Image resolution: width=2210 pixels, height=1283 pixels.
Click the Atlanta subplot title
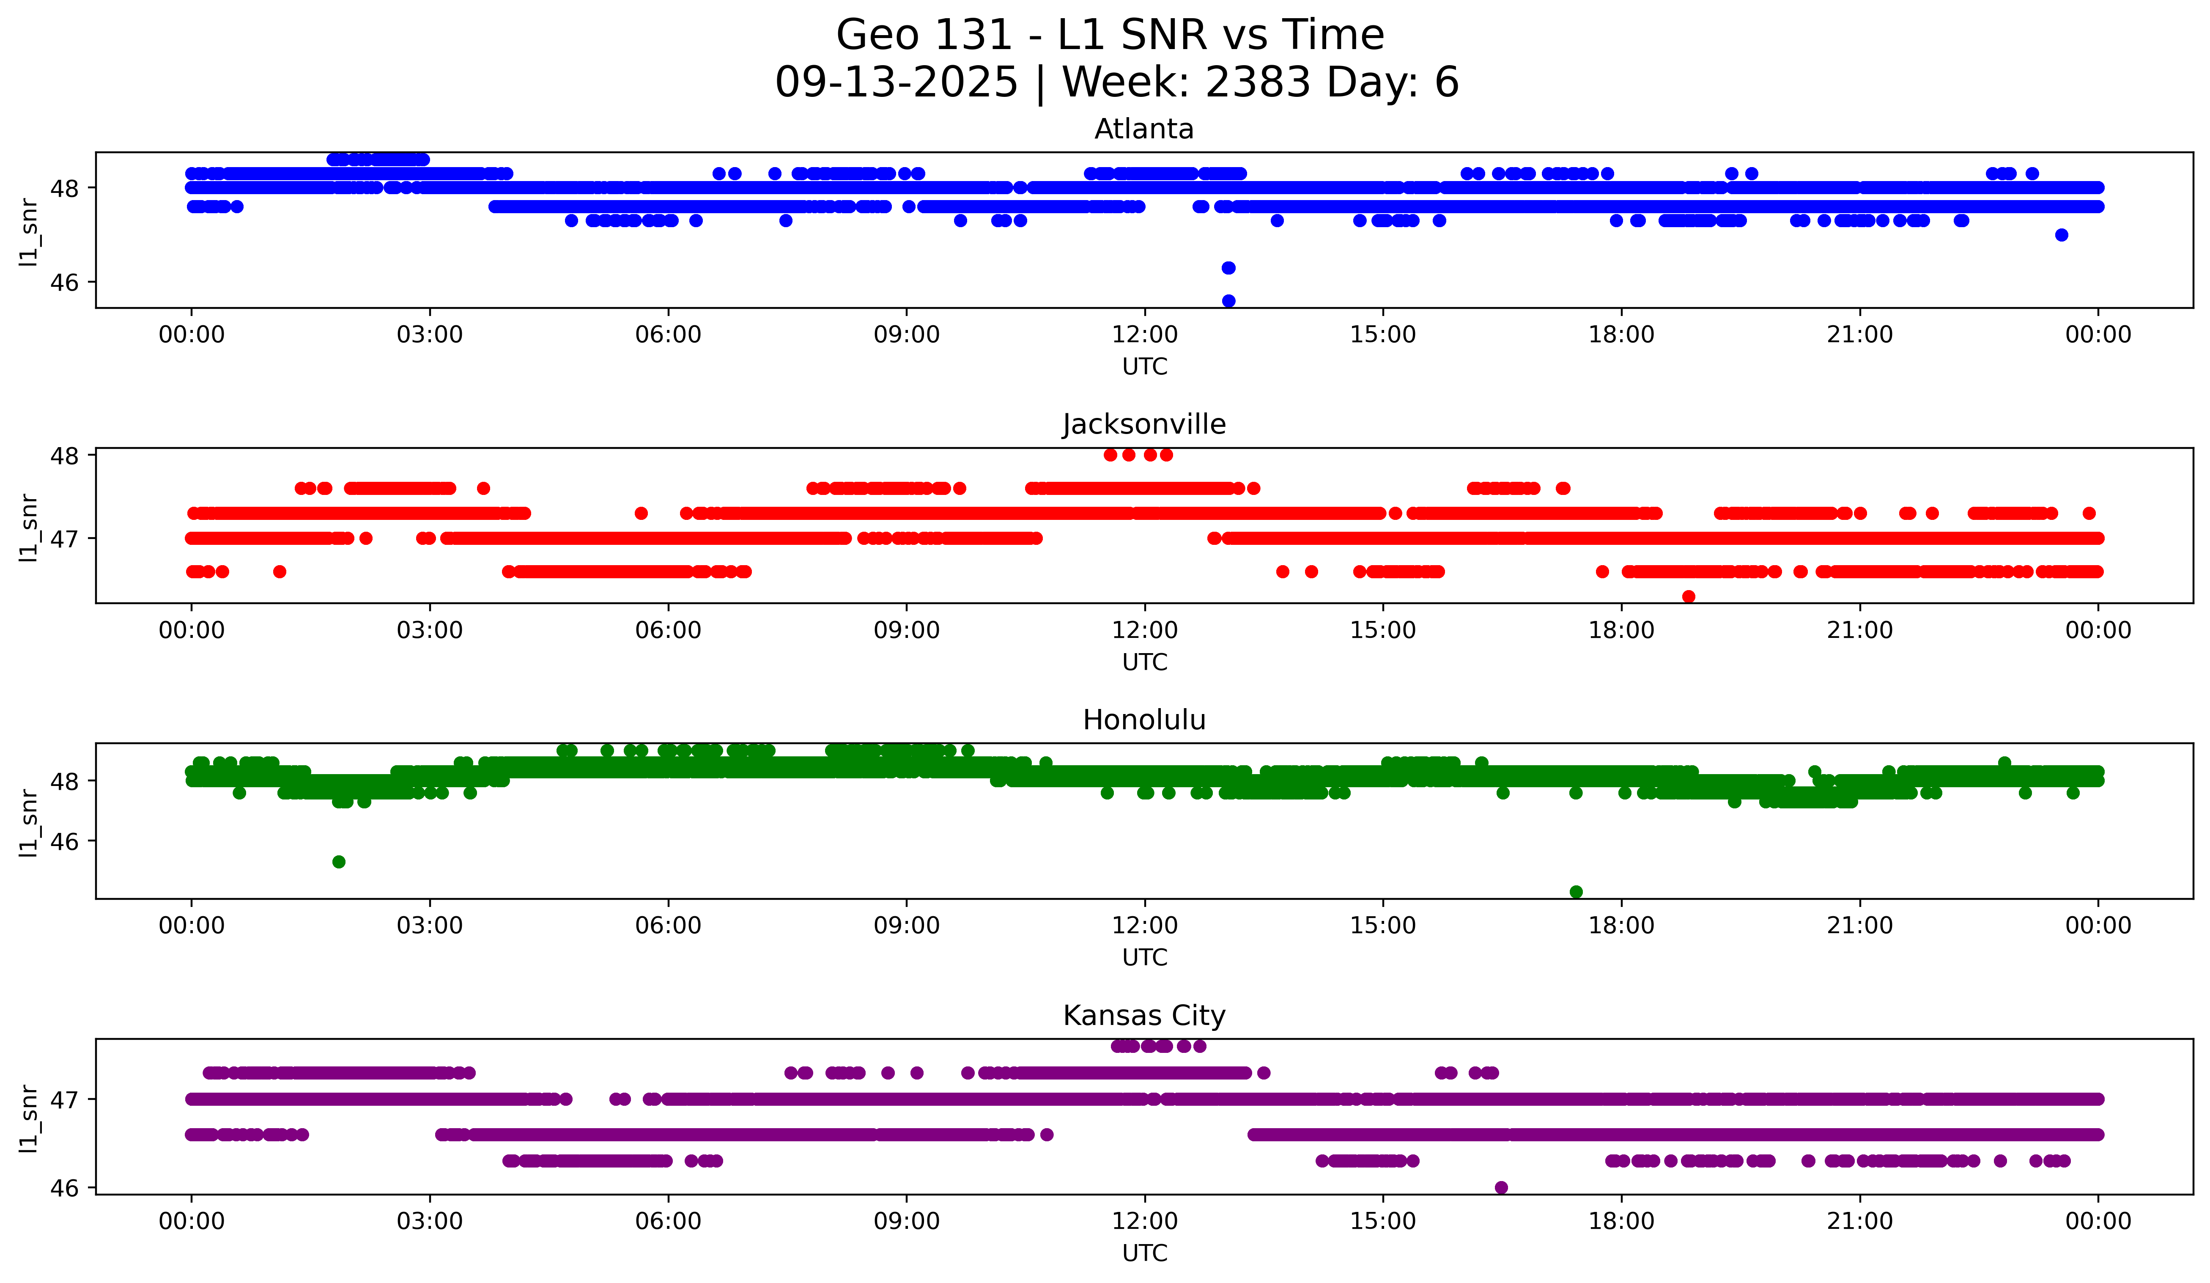click(x=1143, y=129)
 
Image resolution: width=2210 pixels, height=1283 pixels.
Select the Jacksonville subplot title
click(x=1143, y=424)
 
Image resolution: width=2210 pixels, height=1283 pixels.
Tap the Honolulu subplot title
click(x=1143, y=720)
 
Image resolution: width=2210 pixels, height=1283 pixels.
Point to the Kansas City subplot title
click(x=1143, y=1016)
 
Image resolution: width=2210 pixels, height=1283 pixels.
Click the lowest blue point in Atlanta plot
click(x=1228, y=301)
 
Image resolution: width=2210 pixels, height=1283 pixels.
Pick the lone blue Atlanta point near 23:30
click(x=2062, y=235)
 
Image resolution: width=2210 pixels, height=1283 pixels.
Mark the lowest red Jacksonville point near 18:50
click(x=1688, y=596)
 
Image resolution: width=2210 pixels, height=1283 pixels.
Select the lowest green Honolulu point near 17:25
click(x=1576, y=892)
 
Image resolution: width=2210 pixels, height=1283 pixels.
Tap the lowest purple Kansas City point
click(x=1501, y=1187)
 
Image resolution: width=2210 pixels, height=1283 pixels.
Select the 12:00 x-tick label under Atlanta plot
click(x=1144, y=335)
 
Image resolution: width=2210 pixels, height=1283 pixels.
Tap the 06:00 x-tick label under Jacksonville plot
click(x=668, y=631)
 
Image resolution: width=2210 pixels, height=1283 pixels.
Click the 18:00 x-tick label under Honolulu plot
click(x=1620, y=926)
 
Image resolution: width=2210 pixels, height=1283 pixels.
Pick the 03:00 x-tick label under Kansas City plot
click(x=430, y=1222)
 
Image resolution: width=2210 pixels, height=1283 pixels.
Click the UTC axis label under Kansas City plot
click(x=1144, y=1253)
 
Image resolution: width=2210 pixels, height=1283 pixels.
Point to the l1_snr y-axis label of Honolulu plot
click(x=29, y=822)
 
